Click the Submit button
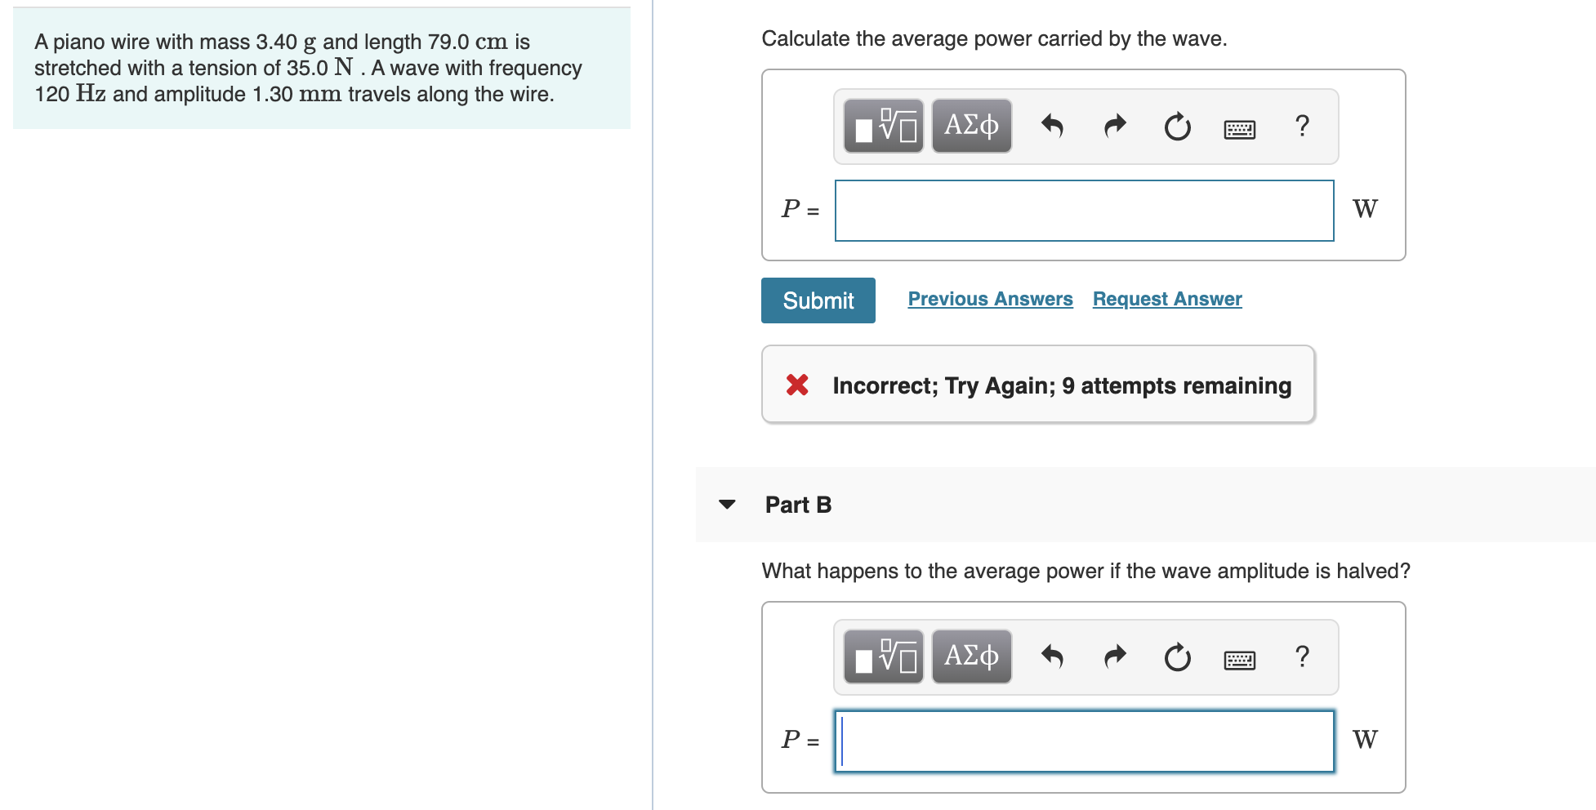[x=818, y=300]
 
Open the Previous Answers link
[x=990, y=299]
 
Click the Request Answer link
[x=1166, y=299]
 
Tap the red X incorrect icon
[x=797, y=385]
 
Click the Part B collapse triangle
[x=727, y=505]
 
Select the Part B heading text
[x=797, y=505]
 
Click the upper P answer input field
[x=1084, y=211]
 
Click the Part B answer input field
[x=1084, y=741]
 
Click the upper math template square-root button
[x=884, y=127]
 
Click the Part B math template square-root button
[x=884, y=657]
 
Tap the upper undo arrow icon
[x=1052, y=127]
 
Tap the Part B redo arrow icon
[x=1115, y=657]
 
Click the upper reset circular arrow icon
[x=1177, y=127]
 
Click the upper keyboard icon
[x=1239, y=128]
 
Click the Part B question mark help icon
[x=1302, y=656]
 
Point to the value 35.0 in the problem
[x=307, y=68]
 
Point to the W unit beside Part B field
[x=1364, y=740]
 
